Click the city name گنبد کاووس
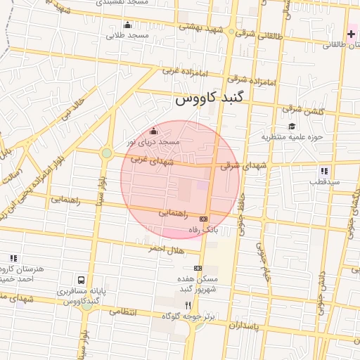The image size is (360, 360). point(217,101)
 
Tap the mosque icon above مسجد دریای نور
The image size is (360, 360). point(154,129)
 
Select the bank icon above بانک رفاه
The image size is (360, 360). point(203,219)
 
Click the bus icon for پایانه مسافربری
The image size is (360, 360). point(82,281)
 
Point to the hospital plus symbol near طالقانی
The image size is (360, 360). point(351,34)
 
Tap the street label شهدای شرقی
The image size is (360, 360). point(244,166)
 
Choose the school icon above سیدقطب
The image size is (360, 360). point(324,170)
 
